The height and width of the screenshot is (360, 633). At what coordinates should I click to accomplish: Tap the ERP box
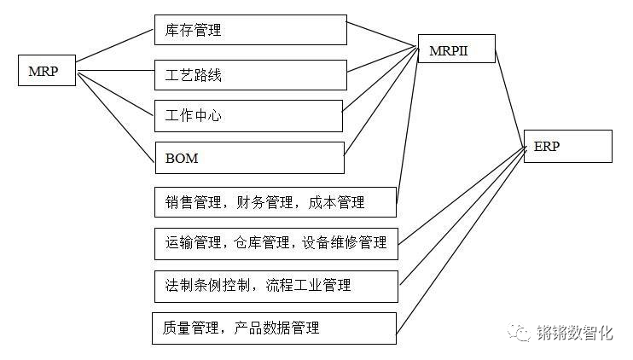coord(567,146)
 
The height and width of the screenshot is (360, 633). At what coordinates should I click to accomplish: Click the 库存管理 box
coord(250,31)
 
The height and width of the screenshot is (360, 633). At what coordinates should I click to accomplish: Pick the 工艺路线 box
coord(250,75)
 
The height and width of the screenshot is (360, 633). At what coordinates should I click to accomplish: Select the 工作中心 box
coord(247,115)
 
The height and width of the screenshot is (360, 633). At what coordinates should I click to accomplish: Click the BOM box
coord(249,158)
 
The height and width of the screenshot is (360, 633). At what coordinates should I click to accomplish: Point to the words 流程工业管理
coord(308,285)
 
